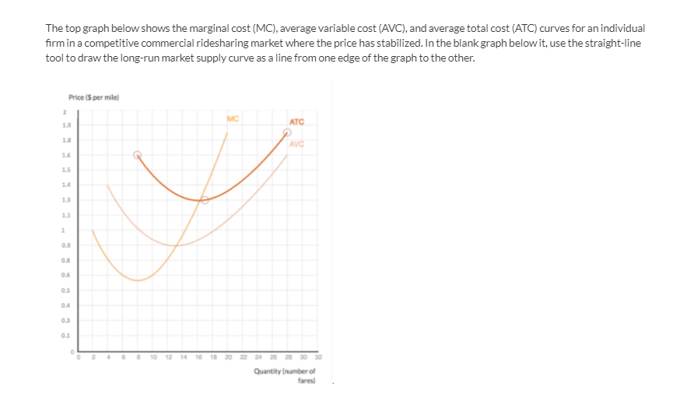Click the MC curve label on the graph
click(x=232, y=118)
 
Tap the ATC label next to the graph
click(x=296, y=121)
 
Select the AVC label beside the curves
click(x=296, y=143)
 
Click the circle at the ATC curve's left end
click(x=138, y=154)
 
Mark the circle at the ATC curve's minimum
click(x=204, y=200)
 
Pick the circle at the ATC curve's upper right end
click(x=286, y=132)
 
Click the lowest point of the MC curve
click(x=138, y=280)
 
